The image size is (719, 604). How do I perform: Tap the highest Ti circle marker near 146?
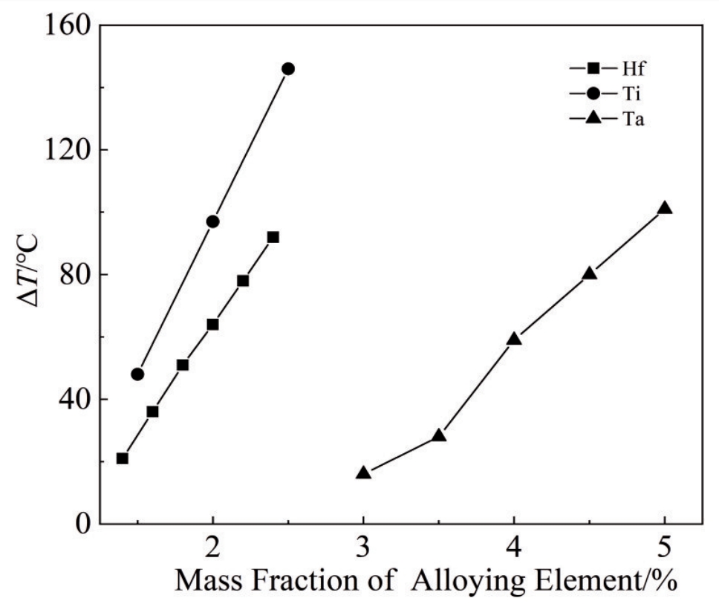click(x=287, y=68)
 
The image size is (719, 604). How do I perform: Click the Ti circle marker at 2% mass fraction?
click(x=212, y=221)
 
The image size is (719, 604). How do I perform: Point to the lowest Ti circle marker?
click(x=137, y=374)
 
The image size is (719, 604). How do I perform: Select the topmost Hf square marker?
click(x=273, y=237)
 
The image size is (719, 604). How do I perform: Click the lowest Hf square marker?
click(x=123, y=458)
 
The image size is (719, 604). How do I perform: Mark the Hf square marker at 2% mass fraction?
click(x=212, y=325)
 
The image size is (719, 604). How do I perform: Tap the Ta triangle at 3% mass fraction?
click(x=363, y=473)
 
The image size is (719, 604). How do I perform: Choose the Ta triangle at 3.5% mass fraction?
click(x=438, y=435)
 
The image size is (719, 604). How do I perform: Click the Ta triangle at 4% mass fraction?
click(x=514, y=339)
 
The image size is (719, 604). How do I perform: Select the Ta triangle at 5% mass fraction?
click(x=665, y=208)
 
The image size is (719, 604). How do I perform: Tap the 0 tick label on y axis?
click(x=82, y=524)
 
